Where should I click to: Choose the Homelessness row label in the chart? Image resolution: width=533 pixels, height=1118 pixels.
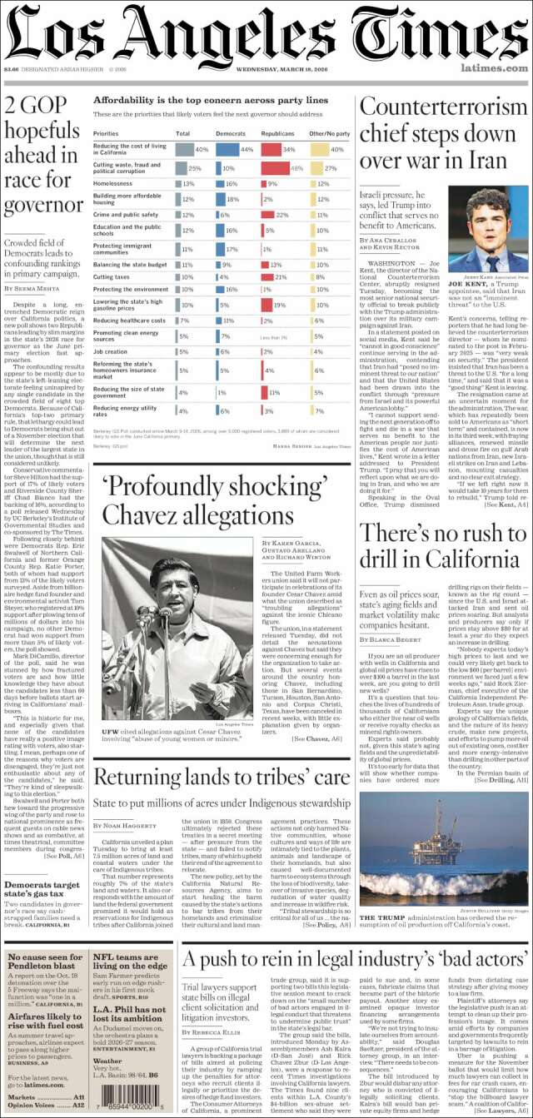(113, 183)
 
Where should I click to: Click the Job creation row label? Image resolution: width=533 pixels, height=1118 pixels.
(111, 352)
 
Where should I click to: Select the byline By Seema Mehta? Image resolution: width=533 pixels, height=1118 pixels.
(33, 288)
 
